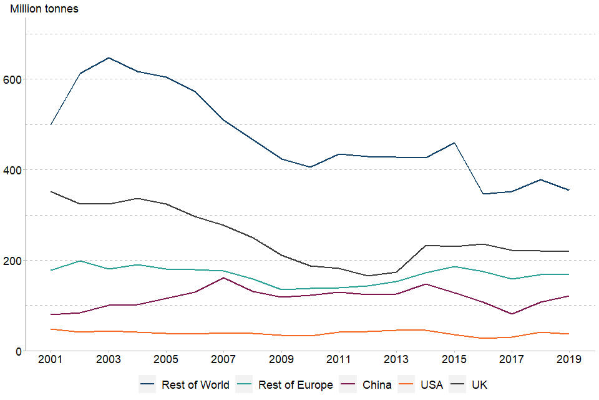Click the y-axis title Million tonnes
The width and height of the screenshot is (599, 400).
pyautogui.click(x=44, y=9)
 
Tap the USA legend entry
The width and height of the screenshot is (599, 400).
pyautogui.click(x=431, y=385)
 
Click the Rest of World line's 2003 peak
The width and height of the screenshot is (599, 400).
pyautogui.click(x=109, y=57)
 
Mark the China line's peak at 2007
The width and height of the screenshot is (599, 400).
pyautogui.click(x=223, y=277)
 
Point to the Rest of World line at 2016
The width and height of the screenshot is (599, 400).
pyautogui.click(x=482, y=194)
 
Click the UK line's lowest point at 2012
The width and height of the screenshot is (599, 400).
pyautogui.click(x=367, y=276)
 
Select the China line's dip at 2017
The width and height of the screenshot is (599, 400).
pyautogui.click(x=510, y=314)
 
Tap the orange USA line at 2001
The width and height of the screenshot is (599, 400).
pyautogui.click(x=51, y=329)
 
